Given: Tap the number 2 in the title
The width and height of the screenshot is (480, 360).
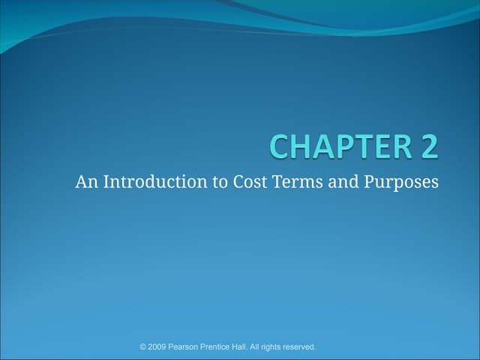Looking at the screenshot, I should click(429, 146).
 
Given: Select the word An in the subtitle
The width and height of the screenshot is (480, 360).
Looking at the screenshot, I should click(85, 181).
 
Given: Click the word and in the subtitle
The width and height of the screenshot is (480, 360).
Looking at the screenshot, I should click(342, 181).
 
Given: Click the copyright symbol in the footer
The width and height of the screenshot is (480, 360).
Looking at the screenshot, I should click(144, 346).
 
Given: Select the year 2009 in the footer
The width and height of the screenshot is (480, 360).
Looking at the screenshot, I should click(159, 346).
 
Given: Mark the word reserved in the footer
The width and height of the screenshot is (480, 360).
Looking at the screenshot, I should click(304, 346).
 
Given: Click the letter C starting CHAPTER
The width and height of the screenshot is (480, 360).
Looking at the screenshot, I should click(280, 146).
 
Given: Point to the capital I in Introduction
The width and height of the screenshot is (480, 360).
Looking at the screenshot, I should click(106, 181).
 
